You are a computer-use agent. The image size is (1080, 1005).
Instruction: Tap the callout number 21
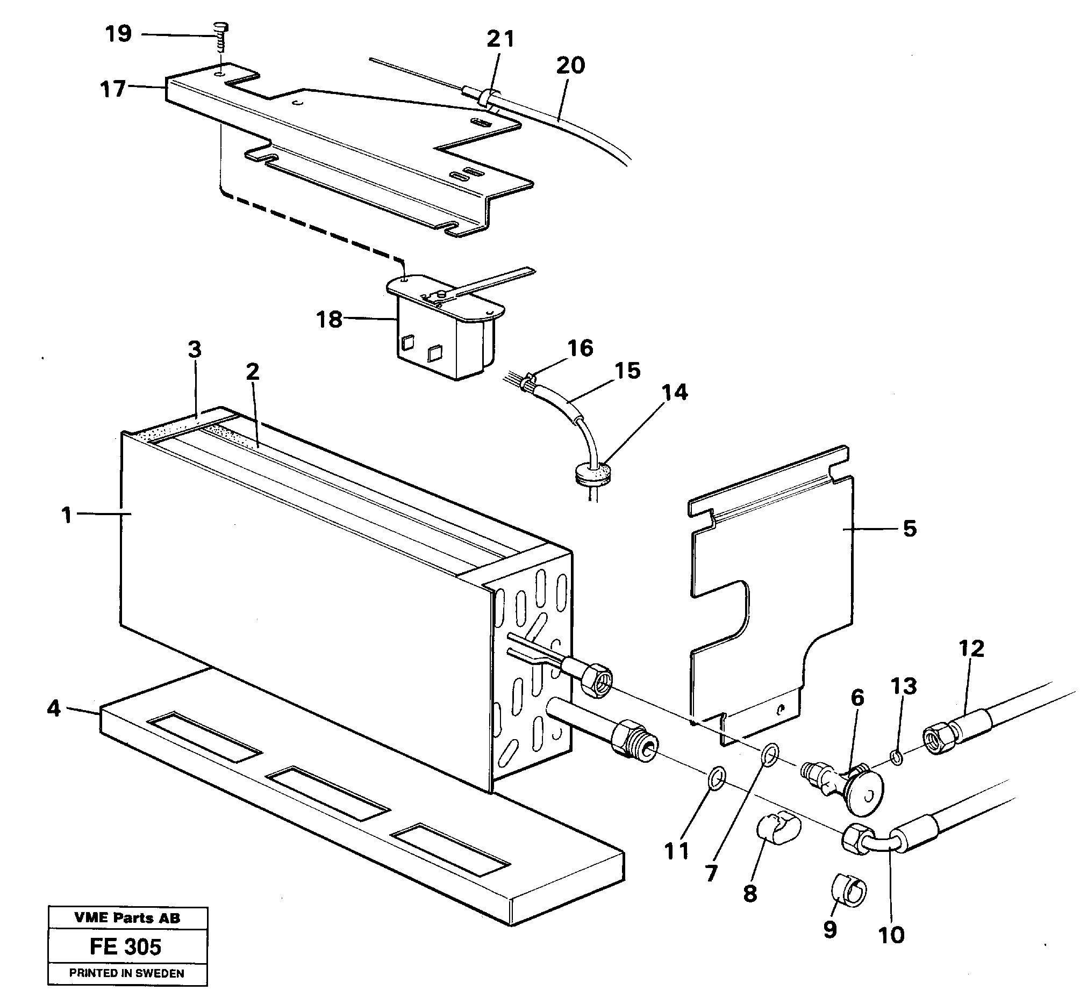500,39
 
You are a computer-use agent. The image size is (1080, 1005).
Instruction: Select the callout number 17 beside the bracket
113,89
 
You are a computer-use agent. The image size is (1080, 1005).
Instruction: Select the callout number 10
891,936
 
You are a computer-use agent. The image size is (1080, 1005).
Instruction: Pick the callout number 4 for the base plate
53,708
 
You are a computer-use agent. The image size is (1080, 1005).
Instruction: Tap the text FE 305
125,947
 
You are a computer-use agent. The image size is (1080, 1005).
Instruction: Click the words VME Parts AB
127,918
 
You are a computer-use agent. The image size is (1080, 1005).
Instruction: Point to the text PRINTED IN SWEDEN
126,973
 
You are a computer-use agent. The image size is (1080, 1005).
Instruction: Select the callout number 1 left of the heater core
67,515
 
